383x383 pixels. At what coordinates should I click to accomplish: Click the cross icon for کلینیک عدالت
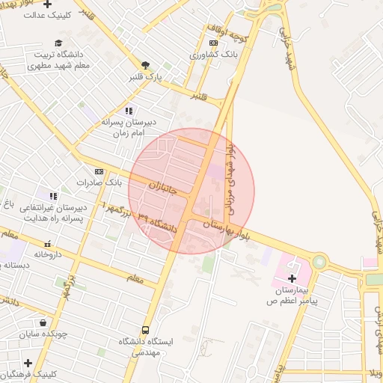(47, 4)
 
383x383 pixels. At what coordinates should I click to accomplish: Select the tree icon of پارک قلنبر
(145, 65)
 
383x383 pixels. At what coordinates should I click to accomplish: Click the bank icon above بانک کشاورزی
(214, 43)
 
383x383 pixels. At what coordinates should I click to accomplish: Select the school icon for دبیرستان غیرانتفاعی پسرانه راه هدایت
(52, 195)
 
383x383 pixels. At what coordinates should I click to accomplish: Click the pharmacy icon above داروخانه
(48, 243)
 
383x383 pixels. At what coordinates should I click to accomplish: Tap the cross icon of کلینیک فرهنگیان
(28, 363)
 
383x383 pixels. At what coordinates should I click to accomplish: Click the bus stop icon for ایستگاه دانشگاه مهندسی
(145, 330)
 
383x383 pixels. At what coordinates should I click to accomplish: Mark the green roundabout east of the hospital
(320, 262)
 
